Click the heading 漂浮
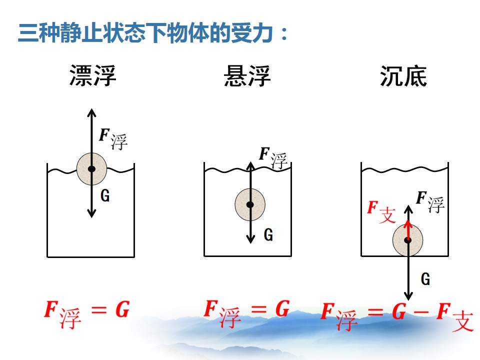pyautogui.click(x=93, y=75)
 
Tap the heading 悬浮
pyautogui.click(x=247, y=75)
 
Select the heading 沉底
pyautogui.click(x=403, y=76)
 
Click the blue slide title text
pyautogui.click(x=153, y=32)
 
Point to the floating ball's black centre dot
pyautogui.click(x=91, y=168)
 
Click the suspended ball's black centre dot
pyautogui.click(x=250, y=204)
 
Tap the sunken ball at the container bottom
pyautogui.click(x=408, y=240)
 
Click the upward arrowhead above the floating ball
pyautogui.click(x=91, y=112)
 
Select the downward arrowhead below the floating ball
pyautogui.click(x=91, y=213)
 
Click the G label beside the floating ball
pyautogui.click(x=105, y=195)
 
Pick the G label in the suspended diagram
pyautogui.click(x=268, y=235)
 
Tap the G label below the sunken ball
pyautogui.click(x=425, y=279)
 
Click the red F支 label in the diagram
pyautogui.click(x=381, y=211)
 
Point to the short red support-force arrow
pyautogui.click(x=408, y=230)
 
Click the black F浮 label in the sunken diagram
pyautogui.click(x=430, y=202)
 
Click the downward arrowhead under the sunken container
pyautogui.click(x=408, y=296)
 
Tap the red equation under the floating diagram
pyautogui.click(x=87, y=314)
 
